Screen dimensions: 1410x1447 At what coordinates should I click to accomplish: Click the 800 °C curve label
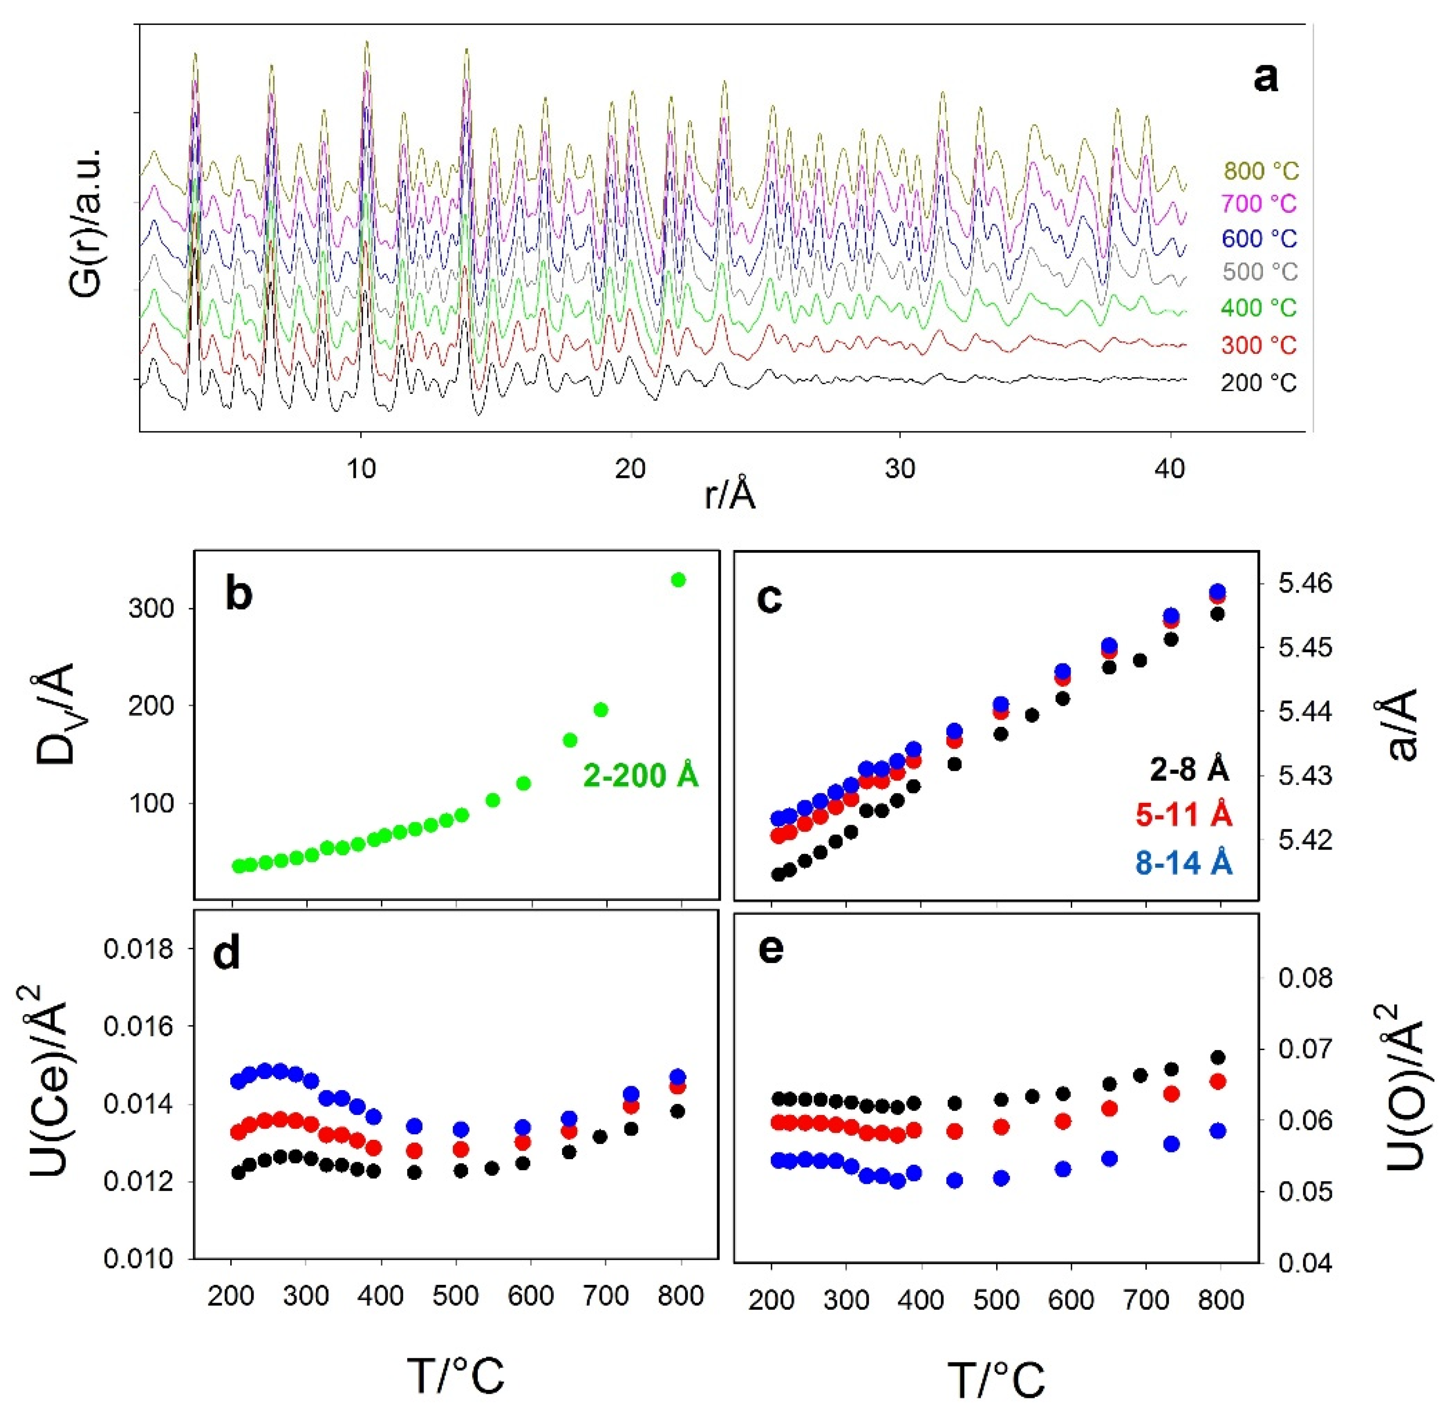pyautogui.click(x=1261, y=171)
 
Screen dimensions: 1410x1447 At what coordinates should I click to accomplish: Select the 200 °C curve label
pyautogui.click(x=1259, y=383)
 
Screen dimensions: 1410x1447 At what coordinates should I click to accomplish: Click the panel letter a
pyautogui.click(x=1265, y=76)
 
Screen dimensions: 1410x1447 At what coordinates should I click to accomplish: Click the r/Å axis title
pyautogui.click(x=730, y=495)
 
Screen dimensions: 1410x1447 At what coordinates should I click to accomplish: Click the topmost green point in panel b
pyautogui.click(x=679, y=579)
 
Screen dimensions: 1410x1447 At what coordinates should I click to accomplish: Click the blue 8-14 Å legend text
pyautogui.click(x=1183, y=864)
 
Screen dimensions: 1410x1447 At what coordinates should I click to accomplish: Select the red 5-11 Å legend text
pyautogui.click(x=1183, y=816)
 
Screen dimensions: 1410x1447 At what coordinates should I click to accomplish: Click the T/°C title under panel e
pyautogui.click(x=997, y=1379)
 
